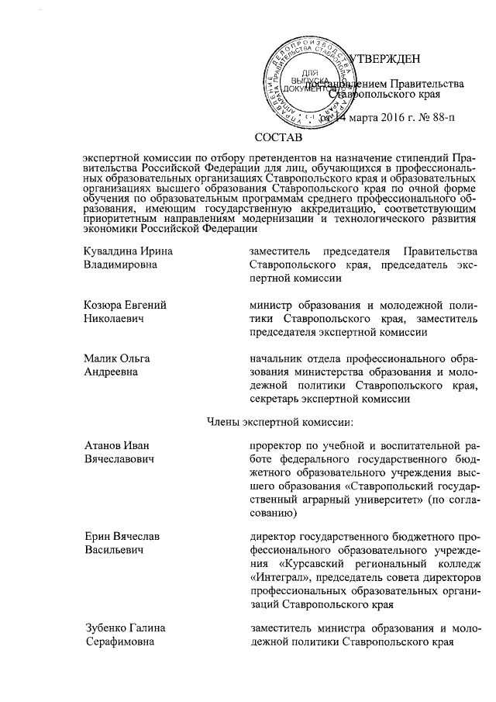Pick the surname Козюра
[x=104, y=305]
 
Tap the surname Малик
[x=100, y=358]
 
